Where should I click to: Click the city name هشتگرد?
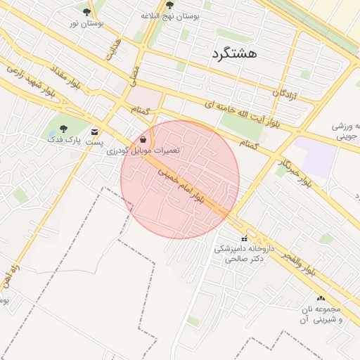pos(233,53)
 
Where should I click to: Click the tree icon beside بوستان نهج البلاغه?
pos(169,4)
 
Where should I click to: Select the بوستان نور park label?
pos(86,23)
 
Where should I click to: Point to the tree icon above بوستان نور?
pos(86,12)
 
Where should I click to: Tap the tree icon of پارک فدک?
pos(63,129)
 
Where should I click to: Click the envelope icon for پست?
pos(94,131)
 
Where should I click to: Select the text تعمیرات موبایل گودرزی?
pos(143,150)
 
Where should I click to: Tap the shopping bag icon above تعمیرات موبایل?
pos(143,139)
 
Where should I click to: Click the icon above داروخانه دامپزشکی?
pos(245,238)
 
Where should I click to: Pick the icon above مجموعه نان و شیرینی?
pos(321,298)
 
